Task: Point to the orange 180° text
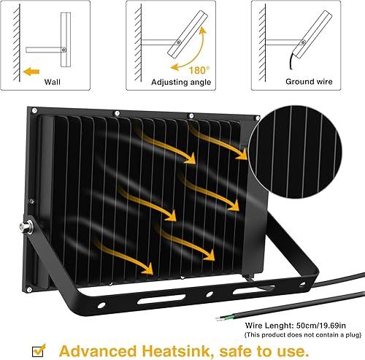coord(199,70)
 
